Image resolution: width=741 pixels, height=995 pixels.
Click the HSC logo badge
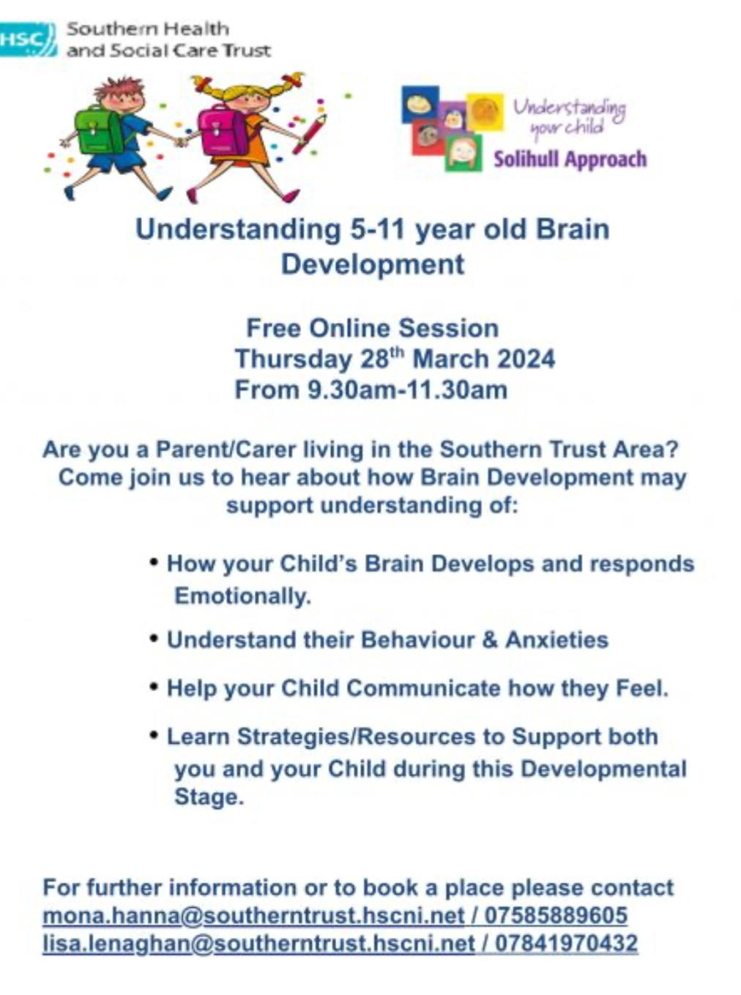coord(28,40)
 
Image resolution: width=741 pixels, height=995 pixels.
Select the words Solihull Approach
coord(570,160)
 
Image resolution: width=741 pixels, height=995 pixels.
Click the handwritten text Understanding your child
coord(569,116)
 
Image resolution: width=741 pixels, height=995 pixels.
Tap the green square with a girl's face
coord(463,153)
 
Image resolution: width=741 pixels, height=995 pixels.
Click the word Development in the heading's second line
coord(373,265)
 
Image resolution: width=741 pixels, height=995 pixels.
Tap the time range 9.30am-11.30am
coord(408,390)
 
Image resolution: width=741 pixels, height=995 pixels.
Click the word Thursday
coord(294,359)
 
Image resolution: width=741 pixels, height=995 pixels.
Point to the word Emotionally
coord(243,597)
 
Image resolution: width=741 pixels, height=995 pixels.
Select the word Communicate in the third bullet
coord(424,688)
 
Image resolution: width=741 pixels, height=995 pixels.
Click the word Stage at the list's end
coord(209,797)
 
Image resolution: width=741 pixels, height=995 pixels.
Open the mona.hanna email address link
coord(253,915)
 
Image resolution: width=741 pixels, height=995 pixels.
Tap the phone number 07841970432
coord(566,942)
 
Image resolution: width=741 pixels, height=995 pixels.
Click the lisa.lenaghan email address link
coord(259,943)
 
